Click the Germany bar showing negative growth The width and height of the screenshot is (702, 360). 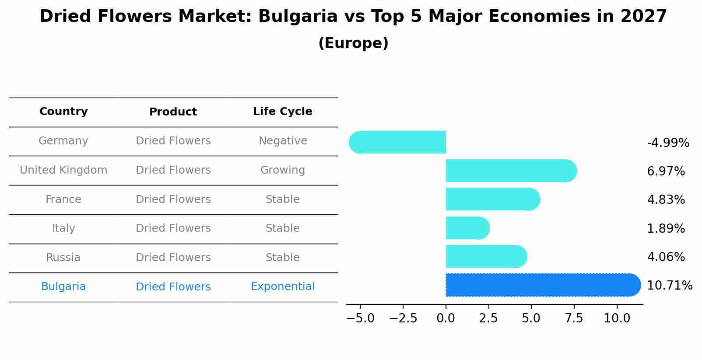(x=398, y=142)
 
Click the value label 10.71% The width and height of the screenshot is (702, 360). (x=669, y=286)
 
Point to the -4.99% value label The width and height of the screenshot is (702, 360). (x=668, y=143)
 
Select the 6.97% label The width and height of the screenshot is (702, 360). (x=666, y=171)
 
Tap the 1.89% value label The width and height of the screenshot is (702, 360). (x=666, y=228)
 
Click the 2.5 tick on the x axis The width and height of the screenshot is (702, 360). (x=488, y=318)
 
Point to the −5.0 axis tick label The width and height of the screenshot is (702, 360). (x=360, y=318)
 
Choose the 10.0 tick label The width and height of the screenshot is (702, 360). (x=617, y=318)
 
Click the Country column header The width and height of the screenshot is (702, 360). (x=63, y=112)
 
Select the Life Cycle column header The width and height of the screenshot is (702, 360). (x=283, y=112)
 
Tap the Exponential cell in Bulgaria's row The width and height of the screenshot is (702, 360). (x=283, y=287)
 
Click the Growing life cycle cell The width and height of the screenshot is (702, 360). (x=283, y=170)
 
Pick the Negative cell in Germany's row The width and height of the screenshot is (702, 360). (x=283, y=141)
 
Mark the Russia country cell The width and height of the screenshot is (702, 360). (x=63, y=258)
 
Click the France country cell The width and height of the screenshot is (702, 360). (x=63, y=199)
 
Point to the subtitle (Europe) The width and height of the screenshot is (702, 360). (x=353, y=43)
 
